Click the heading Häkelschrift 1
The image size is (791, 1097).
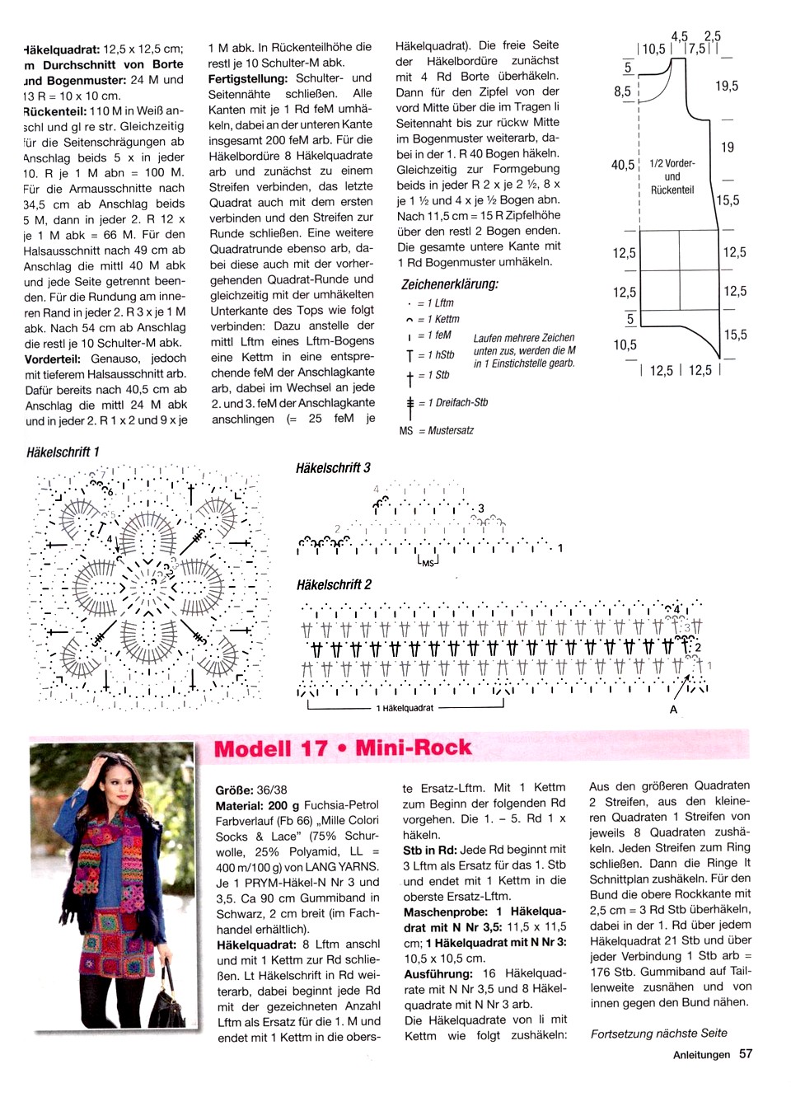[63, 452]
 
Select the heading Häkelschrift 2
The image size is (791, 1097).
[334, 584]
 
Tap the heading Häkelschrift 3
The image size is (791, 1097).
[333, 467]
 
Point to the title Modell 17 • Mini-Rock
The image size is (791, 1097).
[343, 748]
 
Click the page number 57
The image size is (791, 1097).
[746, 1053]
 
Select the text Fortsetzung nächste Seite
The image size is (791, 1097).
[658, 1033]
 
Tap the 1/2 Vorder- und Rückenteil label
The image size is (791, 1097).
[672, 176]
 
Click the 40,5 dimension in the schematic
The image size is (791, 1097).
[622, 165]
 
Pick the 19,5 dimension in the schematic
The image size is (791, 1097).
[727, 86]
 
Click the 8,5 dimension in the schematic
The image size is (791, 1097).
[622, 91]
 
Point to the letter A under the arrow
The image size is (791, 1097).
[673, 710]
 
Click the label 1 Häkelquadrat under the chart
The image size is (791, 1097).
[405, 708]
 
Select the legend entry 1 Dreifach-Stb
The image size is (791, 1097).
[452, 402]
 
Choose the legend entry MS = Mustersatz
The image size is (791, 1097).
[437, 430]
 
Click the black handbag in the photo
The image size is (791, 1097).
[168, 1005]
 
